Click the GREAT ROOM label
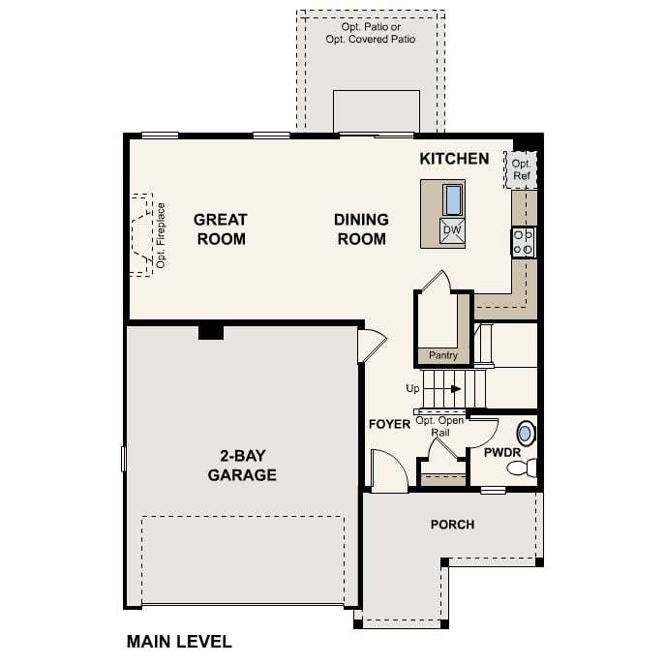pos(221,229)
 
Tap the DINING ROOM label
pos(361,229)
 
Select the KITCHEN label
pos(454,159)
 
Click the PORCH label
pos(452,525)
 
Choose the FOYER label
pos(389,424)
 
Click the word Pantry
pos(443,355)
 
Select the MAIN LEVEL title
pos(179,641)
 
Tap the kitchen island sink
pos(453,198)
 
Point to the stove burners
pos(523,242)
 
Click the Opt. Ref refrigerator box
pos(523,169)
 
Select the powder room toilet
pos(521,469)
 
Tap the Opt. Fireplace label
pos(161,235)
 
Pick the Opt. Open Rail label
pos(439,426)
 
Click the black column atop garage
pos(210,332)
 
